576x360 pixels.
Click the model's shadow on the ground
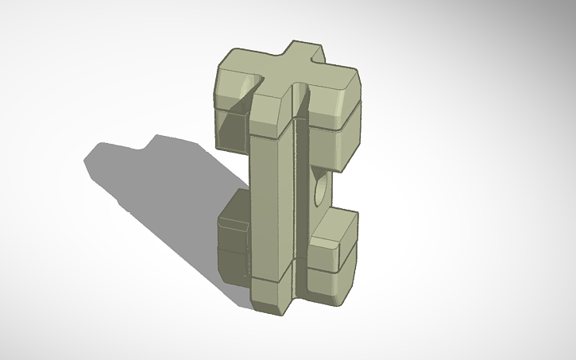[159, 191]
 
